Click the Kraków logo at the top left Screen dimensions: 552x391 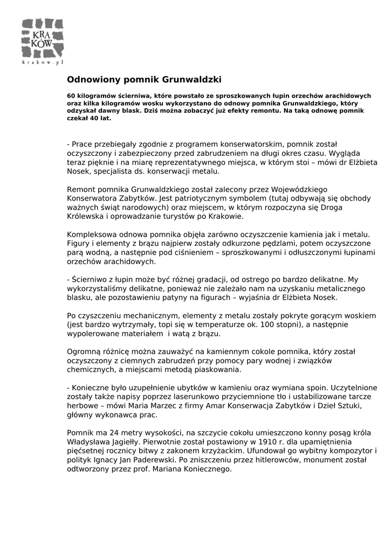point(43,38)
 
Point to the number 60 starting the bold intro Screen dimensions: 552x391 point(71,95)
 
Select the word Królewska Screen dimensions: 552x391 point(86,216)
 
